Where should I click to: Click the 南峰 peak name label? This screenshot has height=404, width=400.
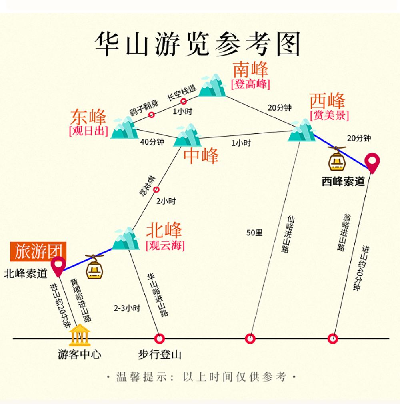point(250,70)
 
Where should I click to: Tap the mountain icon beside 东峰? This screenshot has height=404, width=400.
point(124,128)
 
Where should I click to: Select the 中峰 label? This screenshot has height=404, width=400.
point(201,156)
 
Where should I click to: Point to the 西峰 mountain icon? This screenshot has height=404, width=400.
point(302,131)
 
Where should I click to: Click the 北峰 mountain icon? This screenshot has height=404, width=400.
point(125,239)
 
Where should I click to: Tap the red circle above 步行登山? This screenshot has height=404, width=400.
point(159,339)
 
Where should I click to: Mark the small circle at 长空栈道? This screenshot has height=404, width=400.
point(184,101)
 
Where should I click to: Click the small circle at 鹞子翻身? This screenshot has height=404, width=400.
point(152,115)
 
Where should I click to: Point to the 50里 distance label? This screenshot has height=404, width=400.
point(254,232)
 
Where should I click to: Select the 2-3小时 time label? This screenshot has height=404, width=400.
point(126,308)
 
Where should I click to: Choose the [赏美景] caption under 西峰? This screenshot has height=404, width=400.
point(329,115)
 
